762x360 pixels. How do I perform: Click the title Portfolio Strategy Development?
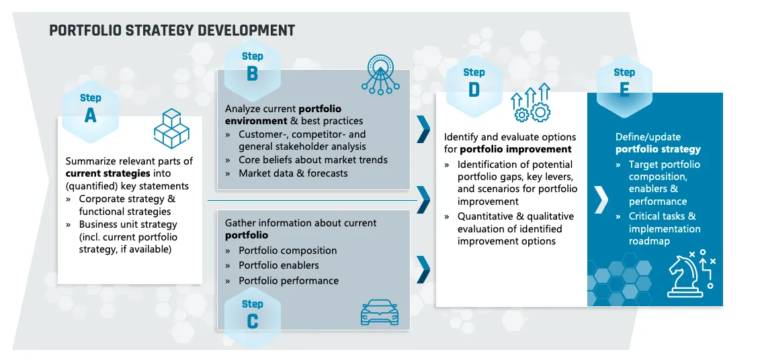172,30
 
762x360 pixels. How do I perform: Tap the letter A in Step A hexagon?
91,116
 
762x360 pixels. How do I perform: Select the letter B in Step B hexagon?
252,74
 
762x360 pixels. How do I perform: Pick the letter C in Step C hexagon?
252,322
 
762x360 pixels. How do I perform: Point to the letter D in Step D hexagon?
474,90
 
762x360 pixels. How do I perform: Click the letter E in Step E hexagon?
624,90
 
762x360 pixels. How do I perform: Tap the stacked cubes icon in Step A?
171,129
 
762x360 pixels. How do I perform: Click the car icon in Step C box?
380,312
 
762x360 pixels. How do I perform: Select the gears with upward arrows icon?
530,102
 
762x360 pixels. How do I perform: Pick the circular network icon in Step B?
380,73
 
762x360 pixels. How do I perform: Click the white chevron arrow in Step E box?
601,199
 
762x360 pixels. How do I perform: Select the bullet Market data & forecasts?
293,173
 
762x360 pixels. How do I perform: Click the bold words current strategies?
108,173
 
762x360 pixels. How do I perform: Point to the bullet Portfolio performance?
289,281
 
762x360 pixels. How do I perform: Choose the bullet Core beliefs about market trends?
313,160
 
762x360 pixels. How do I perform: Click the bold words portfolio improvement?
515,149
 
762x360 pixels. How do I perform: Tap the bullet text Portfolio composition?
288,251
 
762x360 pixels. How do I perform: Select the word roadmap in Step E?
649,242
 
